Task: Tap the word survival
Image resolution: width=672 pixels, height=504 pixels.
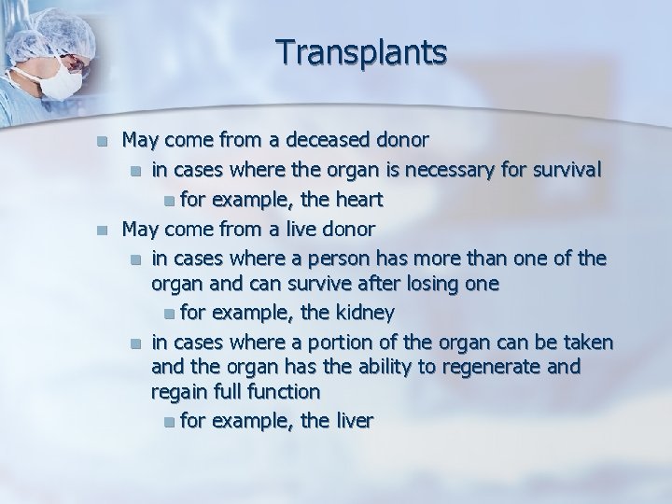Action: (568, 171)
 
